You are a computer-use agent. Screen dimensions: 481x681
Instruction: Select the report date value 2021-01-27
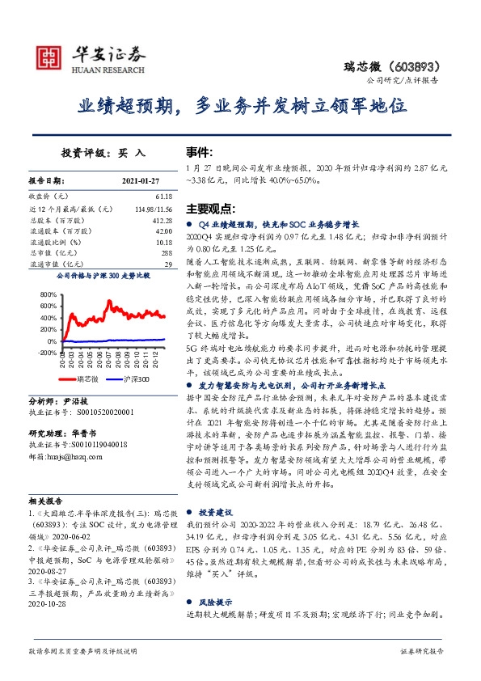point(142,180)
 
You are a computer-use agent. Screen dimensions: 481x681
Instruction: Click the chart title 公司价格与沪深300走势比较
point(103,277)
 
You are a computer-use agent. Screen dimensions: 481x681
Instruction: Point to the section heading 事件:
point(200,151)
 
